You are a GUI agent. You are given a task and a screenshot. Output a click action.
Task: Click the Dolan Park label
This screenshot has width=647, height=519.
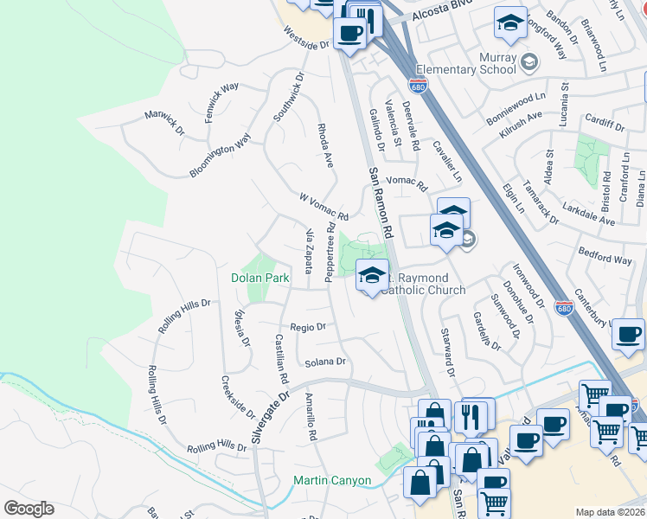click(x=259, y=279)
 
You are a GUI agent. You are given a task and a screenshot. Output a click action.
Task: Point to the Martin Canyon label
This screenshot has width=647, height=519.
click(x=332, y=481)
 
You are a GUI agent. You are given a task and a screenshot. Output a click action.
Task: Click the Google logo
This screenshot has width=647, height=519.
click(x=29, y=509)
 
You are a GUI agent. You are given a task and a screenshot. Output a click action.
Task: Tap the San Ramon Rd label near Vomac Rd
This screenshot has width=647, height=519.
click(x=381, y=203)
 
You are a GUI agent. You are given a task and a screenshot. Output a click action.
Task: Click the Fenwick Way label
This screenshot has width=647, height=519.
click(x=221, y=103)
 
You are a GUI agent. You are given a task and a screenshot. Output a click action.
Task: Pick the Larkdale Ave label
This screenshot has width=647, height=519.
click(x=588, y=214)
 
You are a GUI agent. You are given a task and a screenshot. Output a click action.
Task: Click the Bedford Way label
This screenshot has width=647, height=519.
click(x=605, y=258)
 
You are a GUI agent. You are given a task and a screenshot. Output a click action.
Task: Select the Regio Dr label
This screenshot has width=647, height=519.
click(x=308, y=327)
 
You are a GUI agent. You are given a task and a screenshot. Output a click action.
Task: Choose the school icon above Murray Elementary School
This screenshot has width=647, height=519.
click(x=510, y=22)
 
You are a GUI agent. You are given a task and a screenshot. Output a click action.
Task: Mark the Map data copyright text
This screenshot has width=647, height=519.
click(x=610, y=511)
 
